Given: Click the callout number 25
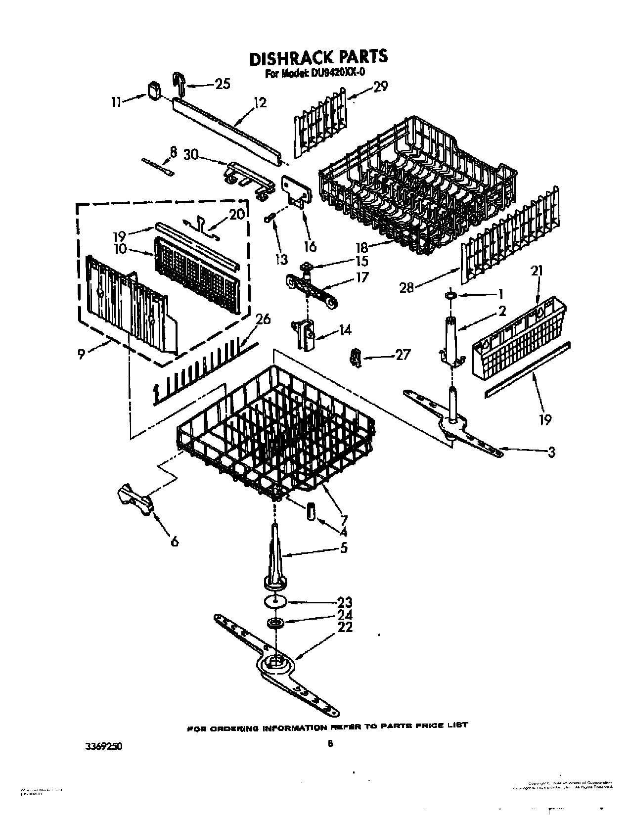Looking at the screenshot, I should [223, 84].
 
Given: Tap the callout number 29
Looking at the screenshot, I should [381, 86].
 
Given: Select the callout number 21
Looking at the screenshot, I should [537, 271].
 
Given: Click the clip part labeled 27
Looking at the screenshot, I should [355, 357].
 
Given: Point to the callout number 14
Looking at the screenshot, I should [345, 329].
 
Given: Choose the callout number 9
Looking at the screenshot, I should [83, 353].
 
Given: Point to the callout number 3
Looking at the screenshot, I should [551, 452].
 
